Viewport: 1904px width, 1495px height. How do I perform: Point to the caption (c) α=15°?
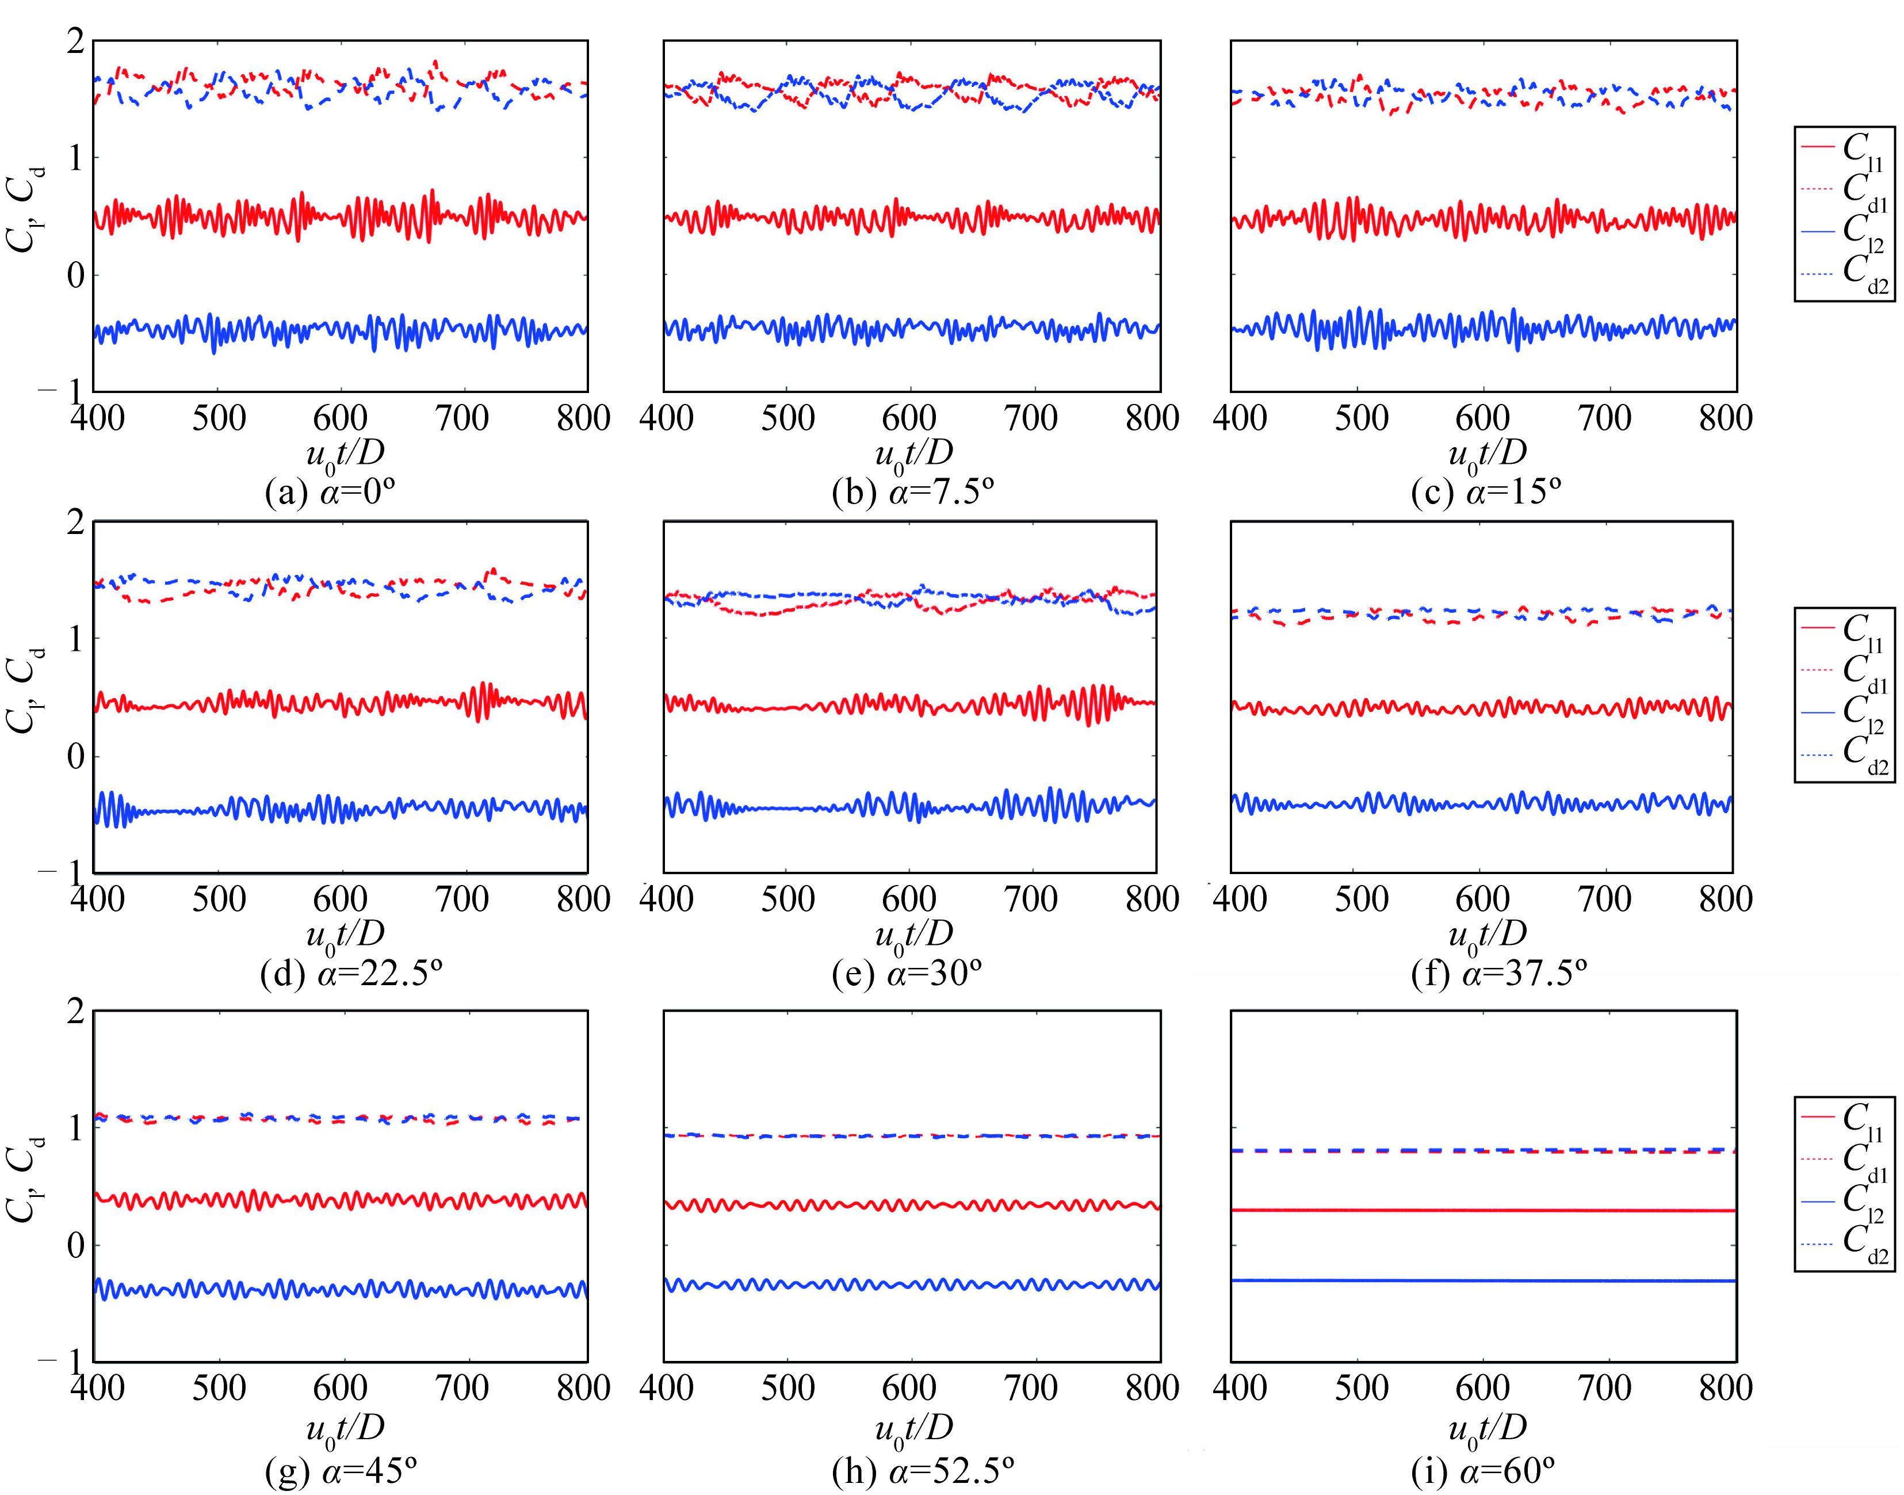coord(1486,494)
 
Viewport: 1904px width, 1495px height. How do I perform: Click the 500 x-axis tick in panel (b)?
coord(787,418)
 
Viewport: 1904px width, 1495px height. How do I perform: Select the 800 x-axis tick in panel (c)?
coord(1726,418)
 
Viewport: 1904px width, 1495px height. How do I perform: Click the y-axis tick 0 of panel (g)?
coord(77,1245)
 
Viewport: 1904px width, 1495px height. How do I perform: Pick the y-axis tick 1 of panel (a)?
coord(77,158)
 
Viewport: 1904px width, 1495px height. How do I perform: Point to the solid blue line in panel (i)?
coord(1483,1280)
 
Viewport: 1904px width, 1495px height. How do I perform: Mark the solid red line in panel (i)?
coord(1483,1211)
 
